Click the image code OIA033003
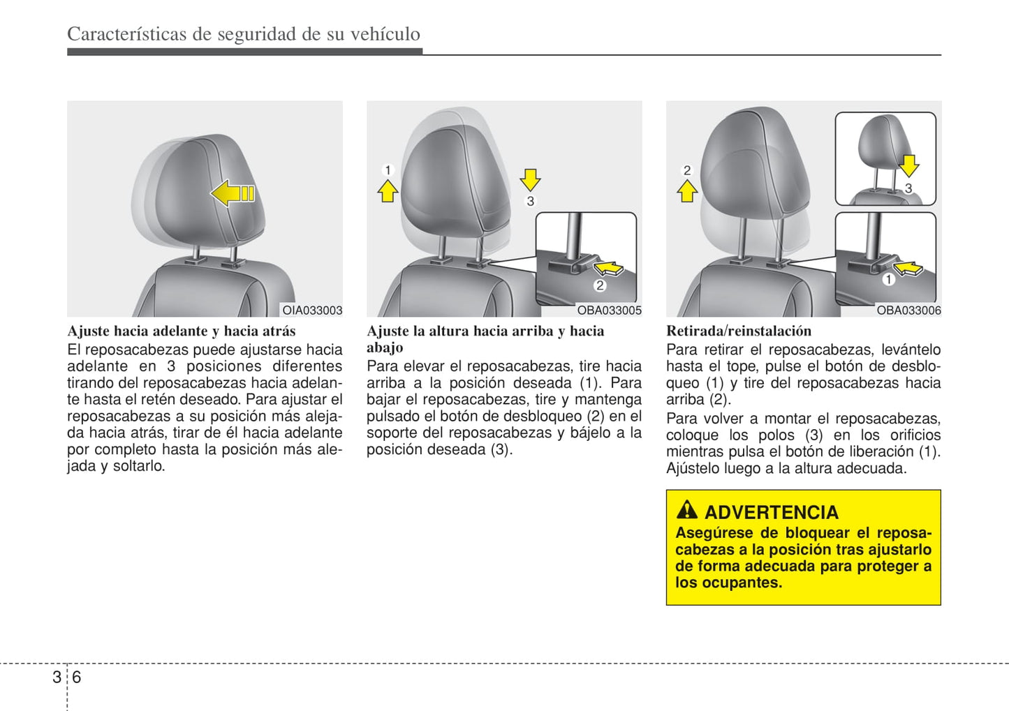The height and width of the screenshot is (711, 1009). coord(312,310)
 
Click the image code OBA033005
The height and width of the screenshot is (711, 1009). coord(609,310)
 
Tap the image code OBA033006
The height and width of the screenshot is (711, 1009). coord(908,310)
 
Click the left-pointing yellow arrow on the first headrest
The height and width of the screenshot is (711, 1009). coord(233,193)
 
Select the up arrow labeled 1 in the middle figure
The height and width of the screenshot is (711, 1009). coord(388,190)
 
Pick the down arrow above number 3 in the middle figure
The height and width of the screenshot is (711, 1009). coord(530,179)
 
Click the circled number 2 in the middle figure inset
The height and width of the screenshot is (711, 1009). coord(599,285)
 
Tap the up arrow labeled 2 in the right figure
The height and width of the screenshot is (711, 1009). coord(687,190)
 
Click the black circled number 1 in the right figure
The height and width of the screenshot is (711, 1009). coord(888,280)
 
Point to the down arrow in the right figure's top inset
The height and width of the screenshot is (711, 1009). coord(908,165)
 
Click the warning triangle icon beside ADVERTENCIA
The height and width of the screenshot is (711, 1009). coord(687,510)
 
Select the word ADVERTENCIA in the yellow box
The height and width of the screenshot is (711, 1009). coord(772,512)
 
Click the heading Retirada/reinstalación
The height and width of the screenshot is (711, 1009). coord(739,331)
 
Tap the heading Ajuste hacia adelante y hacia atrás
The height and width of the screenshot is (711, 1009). coord(182,331)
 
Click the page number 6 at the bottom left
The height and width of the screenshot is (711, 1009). coord(77,677)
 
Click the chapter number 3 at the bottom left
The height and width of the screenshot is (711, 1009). coord(57,677)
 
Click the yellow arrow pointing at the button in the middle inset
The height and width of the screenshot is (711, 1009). coord(609,267)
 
